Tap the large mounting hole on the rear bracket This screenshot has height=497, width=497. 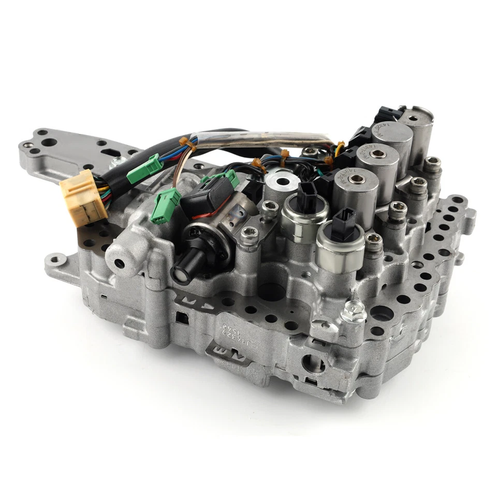(x=49, y=142)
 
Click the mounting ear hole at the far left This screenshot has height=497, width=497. (x=54, y=257)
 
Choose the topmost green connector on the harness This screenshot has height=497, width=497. (x=145, y=168)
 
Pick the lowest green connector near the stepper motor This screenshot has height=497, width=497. (x=165, y=206)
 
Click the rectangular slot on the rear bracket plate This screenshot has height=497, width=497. (x=111, y=153)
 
